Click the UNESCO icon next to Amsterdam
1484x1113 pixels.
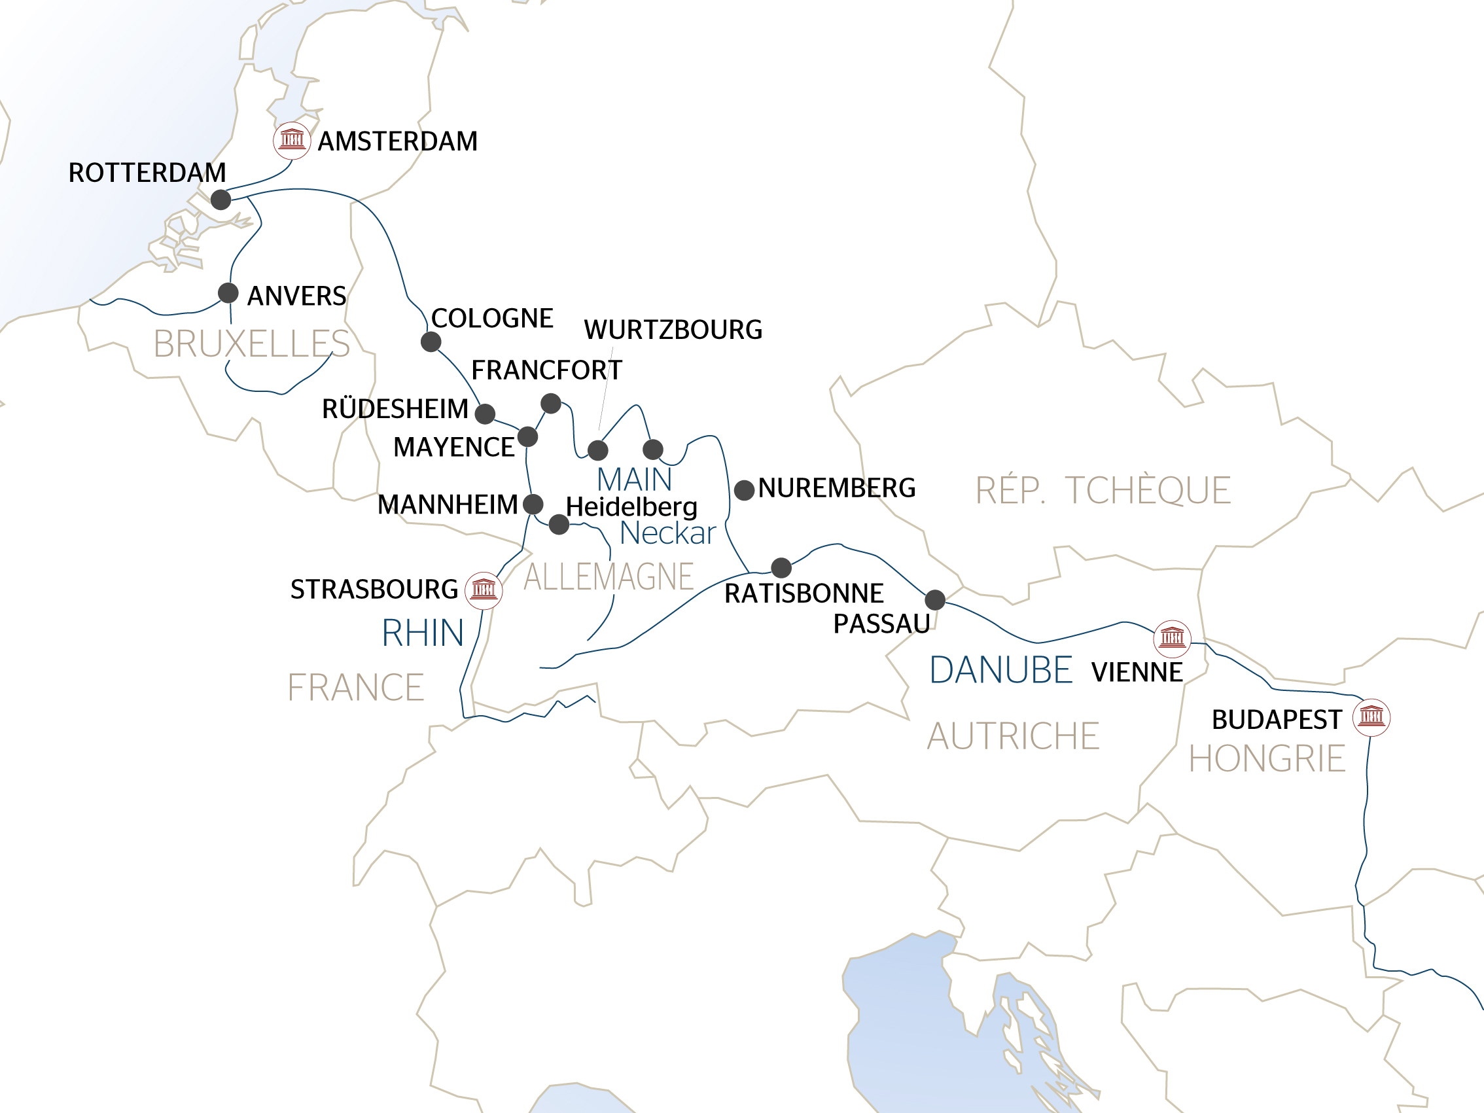pyautogui.click(x=292, y=140)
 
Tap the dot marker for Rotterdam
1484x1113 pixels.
pyautogui.click(x=221, y=200)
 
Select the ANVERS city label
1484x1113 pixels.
pyautogui.click(x=296, y=296)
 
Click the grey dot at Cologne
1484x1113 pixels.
pyautogui.click(x=431, y=342)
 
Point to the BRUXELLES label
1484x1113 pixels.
pyautogui.click(x=251, y=344)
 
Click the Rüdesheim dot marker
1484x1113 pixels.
pyautogui.click(x=485, y=414)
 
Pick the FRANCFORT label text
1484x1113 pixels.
pyautogui.click(x=547, y=370)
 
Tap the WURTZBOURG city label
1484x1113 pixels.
pyautogui.click(x=673, y=329)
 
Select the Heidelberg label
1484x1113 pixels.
pyautogui.click(x=631, y=506)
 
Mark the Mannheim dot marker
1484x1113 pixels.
pyautogui.click(x=533, y=504)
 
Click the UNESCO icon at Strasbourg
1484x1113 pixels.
pyautogui.click(x=484, y=590)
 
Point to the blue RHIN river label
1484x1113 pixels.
pyautogui.click(x=423, y=633)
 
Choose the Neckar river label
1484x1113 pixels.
pyautogui.click(x=667, y=533)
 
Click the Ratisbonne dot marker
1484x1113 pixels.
pyautogui.click(x=781, y=567)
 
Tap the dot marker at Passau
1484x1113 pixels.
pyautogui.click(x=935, y=600)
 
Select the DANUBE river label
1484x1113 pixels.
pyautogui.click(x=1000, y=670)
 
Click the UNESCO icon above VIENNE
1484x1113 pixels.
pyautogui.click(x=1172, y=638)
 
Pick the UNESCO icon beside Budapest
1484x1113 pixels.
pyautogui.click(x=1371, y=717)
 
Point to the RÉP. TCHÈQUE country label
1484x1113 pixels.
pyautogui.click(x=1103, y=491)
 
